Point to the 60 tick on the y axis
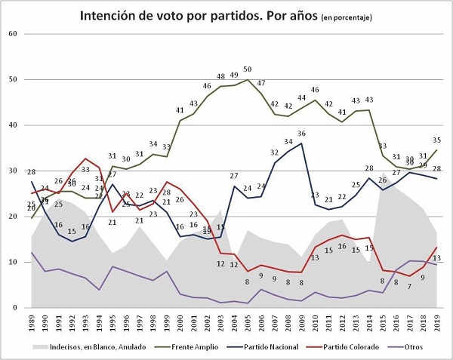(13, 34)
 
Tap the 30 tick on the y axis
(13, 171)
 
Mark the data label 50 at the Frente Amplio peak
(248, 69)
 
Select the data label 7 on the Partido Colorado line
(409, 286)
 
